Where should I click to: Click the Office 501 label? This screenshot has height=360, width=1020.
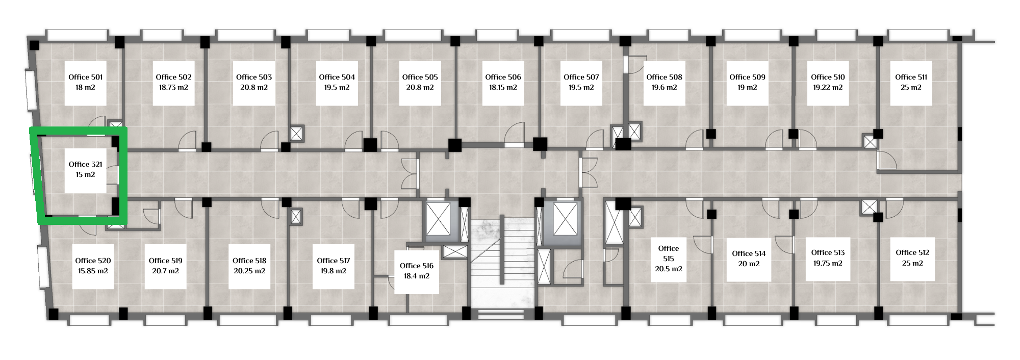[x=86, y=77]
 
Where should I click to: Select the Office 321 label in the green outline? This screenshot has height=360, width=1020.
[x=86, y=164]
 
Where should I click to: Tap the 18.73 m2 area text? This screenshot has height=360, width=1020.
[x=173, y=87]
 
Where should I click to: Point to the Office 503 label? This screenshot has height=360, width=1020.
[x=254, y=77]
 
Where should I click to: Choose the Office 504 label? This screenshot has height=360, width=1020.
[x=337, y=77]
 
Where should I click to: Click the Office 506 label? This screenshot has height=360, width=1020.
[x=503, y=77]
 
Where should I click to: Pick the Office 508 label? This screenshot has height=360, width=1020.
[x=664, y=77]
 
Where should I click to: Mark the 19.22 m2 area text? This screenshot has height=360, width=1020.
[x=828, y=87]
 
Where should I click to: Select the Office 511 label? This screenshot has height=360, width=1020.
[x=911, y=77]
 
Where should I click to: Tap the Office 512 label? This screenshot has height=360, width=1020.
[x=912, y=252]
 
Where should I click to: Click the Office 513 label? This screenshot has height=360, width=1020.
[x=828, y=252]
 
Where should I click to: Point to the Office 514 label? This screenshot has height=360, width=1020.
[x=749, y=253]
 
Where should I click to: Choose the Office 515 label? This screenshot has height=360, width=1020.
[x=669, y=253]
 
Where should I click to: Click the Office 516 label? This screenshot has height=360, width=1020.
[x=417, y=266]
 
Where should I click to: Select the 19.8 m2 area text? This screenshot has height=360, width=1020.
[x=334, y=271]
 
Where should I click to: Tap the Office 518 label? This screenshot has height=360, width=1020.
[x=249, y=261]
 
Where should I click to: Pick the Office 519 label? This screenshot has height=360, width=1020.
[x=165, y=261]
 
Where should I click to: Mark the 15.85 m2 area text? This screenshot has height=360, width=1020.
[x=93, y=271]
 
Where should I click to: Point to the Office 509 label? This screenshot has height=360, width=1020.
[x=747, y=77]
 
